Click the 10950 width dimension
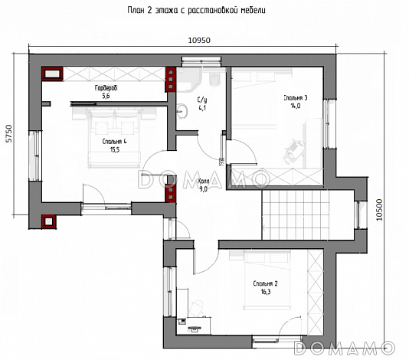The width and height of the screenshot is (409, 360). click(199, 40)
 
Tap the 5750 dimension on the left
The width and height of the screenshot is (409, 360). click(9, 133)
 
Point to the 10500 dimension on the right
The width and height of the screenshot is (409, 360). click(379, 210)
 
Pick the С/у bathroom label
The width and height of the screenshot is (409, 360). click(202, 100)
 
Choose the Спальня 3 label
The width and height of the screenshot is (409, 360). click(296, 98)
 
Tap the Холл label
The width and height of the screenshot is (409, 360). click(203, 182)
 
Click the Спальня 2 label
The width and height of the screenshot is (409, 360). click(265, 283)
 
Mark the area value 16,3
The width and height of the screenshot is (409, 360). click(266, 292)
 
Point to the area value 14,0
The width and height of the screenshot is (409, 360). click(296, 106)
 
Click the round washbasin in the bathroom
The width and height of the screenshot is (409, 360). click(182, 111)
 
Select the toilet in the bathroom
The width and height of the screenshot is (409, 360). click(215, 80)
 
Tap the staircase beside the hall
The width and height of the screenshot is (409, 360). click(296, 214)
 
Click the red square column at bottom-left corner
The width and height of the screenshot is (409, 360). click(48, 221)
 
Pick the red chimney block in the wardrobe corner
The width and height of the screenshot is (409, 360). click(52, 74)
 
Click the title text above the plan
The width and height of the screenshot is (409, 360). click(196, 10)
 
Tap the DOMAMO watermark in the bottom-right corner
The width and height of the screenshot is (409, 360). click(345, 348)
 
